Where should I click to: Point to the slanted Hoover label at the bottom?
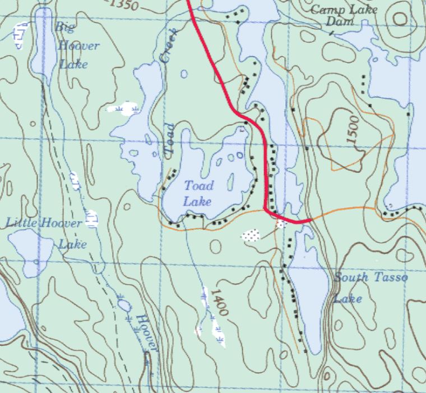(148, 332)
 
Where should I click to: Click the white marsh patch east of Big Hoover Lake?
(124, 108)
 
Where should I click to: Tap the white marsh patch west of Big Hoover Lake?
(21, 35)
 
